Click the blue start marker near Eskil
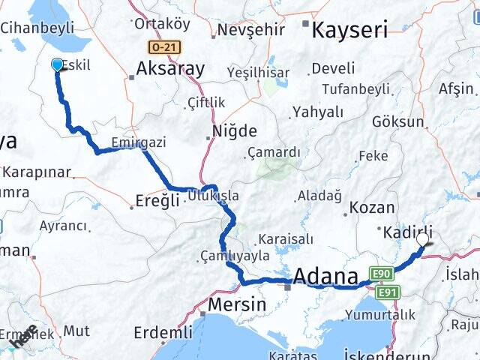[58, 64]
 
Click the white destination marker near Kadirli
[423, 239]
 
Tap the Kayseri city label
[349, 30]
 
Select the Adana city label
[325, 277]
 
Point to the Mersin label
[236, 305]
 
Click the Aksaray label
[170, 70]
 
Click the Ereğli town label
[156, 200]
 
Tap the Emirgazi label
[138, 142]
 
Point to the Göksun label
[394, 121]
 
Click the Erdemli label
[163, 331]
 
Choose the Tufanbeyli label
[355, 89]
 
